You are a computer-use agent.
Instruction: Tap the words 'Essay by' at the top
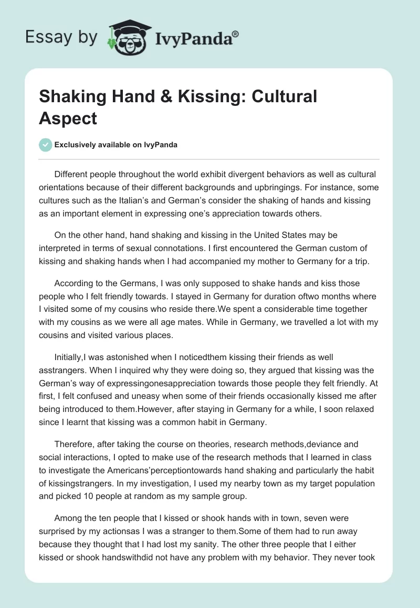(x=61, y=37)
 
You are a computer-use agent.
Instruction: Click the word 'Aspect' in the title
(x=68, y=118)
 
